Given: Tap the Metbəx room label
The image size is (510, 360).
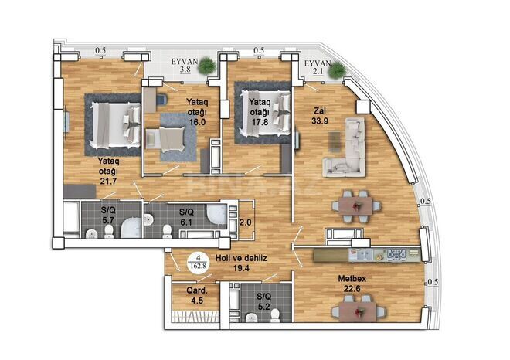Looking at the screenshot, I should [347, 279].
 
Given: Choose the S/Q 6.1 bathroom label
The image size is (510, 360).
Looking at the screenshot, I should [185, 216].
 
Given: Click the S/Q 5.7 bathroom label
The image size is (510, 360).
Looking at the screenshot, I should [110, 214].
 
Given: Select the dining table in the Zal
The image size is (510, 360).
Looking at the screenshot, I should [355, 205].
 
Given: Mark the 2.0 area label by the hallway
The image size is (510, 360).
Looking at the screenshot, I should [246, 222].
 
